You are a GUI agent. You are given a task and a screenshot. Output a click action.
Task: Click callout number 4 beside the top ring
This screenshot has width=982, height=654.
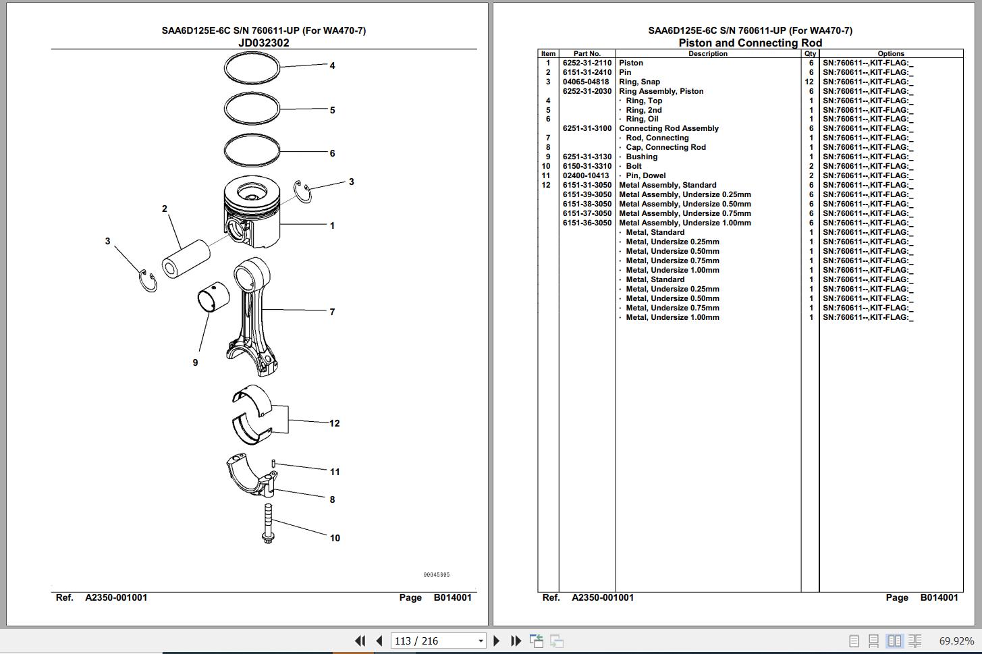coord(332,65)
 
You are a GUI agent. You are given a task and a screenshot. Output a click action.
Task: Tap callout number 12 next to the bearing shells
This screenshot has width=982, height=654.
coord(335,423)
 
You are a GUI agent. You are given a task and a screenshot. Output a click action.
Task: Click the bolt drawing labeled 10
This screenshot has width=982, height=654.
coord(268,523)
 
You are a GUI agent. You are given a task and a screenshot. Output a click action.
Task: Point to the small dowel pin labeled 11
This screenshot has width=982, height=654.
coord(273,463)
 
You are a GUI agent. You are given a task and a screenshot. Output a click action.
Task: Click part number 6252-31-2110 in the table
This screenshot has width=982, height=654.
coord(587,63)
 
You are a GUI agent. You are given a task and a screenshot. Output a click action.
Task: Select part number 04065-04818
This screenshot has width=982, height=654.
coord(586,82)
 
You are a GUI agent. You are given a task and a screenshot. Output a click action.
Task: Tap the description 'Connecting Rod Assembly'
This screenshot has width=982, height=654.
coord(668,128)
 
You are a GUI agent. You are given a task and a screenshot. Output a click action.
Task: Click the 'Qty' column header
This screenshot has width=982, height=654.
coord(810,53)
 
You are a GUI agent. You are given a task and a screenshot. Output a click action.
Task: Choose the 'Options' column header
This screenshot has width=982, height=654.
coord(891,53)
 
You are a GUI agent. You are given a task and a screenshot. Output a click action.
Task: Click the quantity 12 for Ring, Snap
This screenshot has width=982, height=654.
coord(810,82)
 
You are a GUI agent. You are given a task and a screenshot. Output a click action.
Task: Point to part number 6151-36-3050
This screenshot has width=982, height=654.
coord(587,223)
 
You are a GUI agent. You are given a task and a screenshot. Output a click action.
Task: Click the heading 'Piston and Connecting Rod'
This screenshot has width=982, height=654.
coord(750,43)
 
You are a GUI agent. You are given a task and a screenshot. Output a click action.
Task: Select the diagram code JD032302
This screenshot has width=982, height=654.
coord(264,43)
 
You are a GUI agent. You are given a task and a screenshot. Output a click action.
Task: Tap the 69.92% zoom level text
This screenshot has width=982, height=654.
coord(956,641)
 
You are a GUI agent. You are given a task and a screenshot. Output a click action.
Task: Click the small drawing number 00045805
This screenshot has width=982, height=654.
coord(437,575)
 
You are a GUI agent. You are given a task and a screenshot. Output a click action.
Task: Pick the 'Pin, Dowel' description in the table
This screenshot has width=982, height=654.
coord(645,175)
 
